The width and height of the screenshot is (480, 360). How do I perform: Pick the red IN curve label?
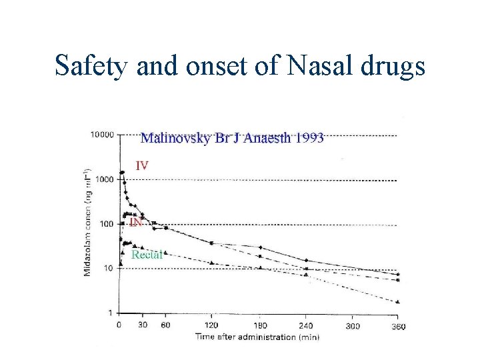(x=135, y=222)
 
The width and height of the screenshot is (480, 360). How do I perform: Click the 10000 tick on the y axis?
(x=101, y=135)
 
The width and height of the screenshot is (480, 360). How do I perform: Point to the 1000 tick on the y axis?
(x=105, y=180)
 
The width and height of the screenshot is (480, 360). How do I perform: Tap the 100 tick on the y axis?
(x=107, y=224)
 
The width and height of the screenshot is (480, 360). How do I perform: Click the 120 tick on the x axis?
(x=211, y=326)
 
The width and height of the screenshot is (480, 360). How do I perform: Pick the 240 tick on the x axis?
(x=306, y=326)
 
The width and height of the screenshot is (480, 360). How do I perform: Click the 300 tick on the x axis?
(x=353, y=326)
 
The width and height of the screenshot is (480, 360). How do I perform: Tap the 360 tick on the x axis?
(x=398, y=326)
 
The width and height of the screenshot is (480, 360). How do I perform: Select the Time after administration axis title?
(x=257, y=337)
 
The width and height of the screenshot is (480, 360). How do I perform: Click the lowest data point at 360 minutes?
(x=398, y=302)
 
